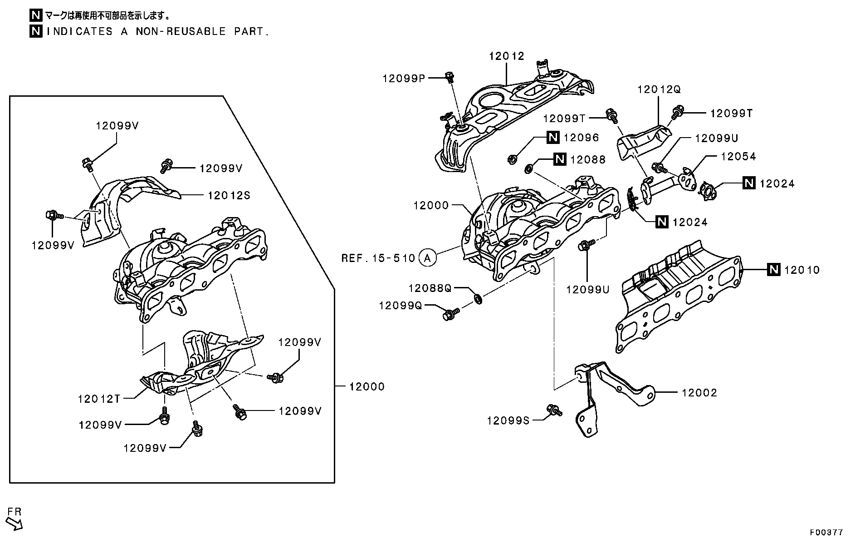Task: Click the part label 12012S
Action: tap(229, 196)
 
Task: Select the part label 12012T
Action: tap(99, 399)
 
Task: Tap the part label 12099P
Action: tap(404, 79)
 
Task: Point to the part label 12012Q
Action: tap(659, 89)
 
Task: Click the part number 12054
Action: tap(738, 157)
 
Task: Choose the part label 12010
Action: tap(802, 270)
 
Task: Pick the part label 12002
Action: tap(699, 393)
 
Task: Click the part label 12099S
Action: tap(508, 421)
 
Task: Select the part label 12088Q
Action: tap(430, 288)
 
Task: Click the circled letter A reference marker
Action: tap(427, 258)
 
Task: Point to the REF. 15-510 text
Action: tap(378, 258)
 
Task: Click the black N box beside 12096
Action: tap(552, 138)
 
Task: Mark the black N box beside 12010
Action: tap(773, 270)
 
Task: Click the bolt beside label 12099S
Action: tap(554, 410)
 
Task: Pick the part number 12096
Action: tap(581, 138)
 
